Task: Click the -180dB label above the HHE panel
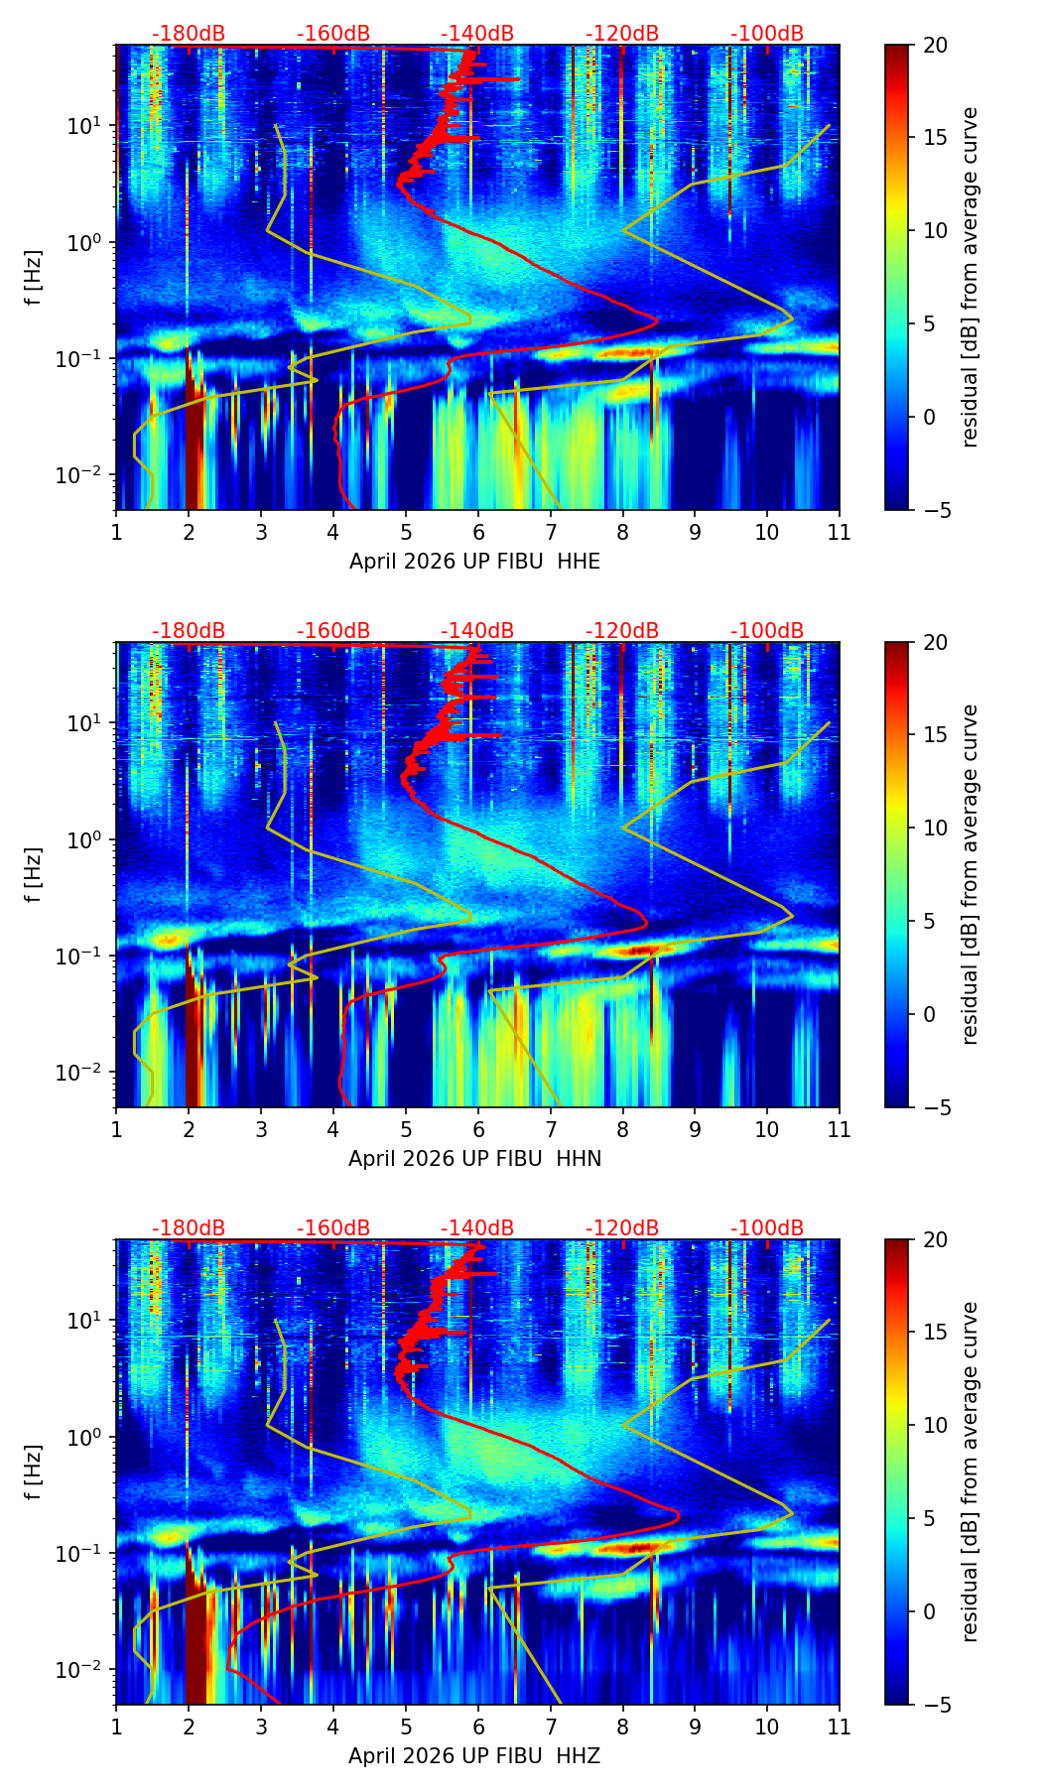189,34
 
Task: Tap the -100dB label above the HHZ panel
767,1228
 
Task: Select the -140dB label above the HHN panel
477,631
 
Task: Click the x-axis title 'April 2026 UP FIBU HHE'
474,562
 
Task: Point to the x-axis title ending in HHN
474,1159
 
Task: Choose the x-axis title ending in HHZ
474,1756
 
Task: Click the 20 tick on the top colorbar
935,45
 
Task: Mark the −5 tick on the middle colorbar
935,1107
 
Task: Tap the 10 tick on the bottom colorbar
935,1425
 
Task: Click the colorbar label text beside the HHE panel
970,277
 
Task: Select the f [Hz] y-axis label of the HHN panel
34,874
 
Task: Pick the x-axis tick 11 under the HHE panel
840,532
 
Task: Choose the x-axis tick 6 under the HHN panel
478,1129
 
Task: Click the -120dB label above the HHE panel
622,34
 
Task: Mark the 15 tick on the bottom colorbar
935,1333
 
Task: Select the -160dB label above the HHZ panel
333,1228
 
